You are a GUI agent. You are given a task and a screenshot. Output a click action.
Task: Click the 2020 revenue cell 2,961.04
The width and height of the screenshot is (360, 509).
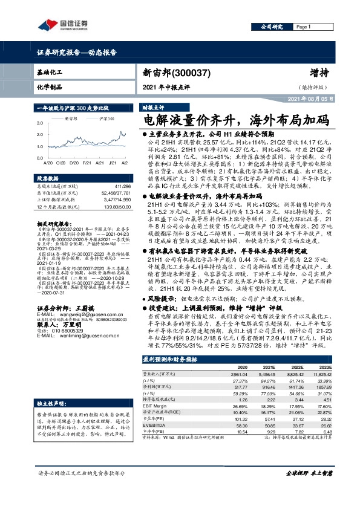(x=222, y=374)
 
